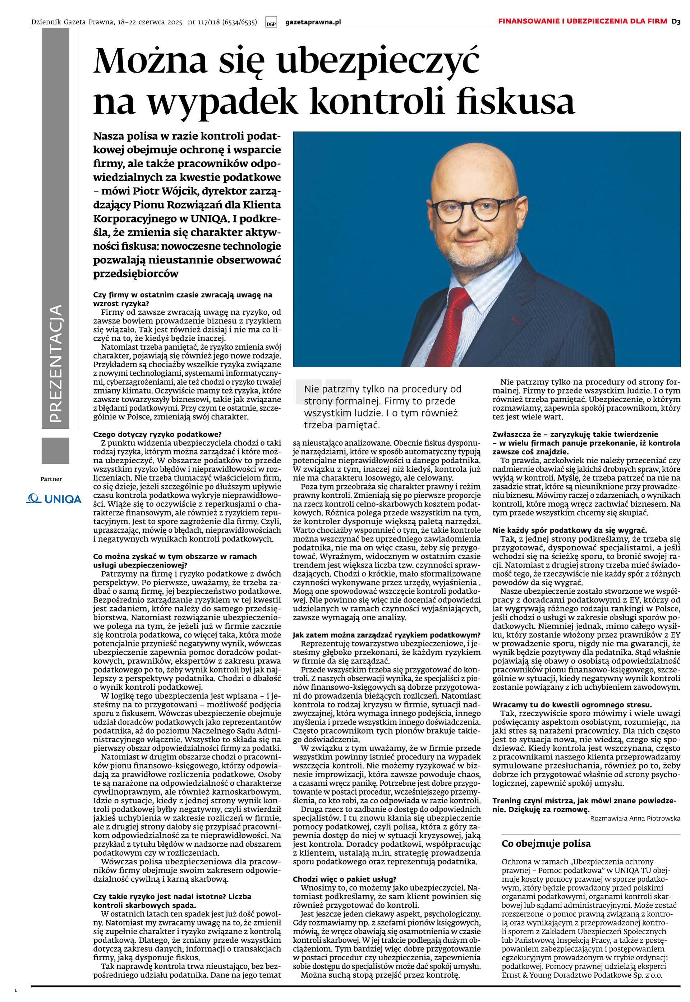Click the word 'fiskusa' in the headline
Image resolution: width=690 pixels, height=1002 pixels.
pyautogui.click(x=515, y=102)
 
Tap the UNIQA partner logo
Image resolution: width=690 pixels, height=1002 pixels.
pyautogui.click(x=54, y=499)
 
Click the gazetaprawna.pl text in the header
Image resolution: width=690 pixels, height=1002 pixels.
pyautogui.click(x=313, y=22)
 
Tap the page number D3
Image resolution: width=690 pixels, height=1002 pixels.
pyautogui.click(x=676, y=21)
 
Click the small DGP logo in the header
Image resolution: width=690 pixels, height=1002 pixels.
pyautogui.click(x=271, y=23)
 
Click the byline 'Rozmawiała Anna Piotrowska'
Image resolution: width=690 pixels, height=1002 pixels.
pyautogui.click(x=635, y=818)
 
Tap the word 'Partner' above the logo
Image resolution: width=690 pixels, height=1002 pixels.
pyautogui.click(x=51, y=479)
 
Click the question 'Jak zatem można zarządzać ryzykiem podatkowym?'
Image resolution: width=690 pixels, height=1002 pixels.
pyautogui.click(x=386, y=635)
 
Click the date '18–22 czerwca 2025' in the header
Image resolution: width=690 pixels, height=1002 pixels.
pyautogui.click(x=149, y=22)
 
